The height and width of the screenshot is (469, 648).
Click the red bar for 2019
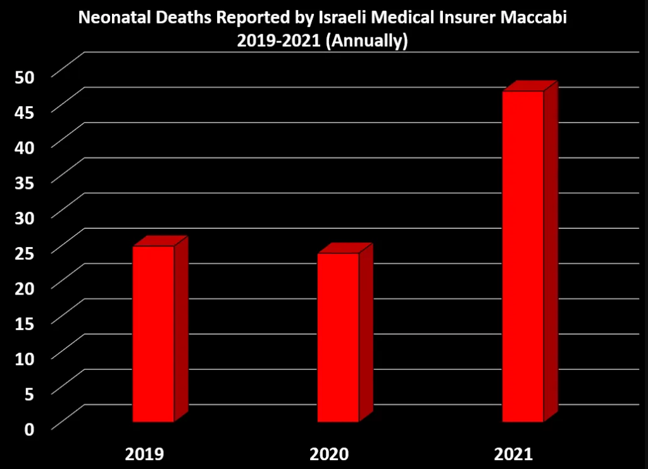point(153,333)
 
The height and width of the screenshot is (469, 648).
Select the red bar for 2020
point(338,337)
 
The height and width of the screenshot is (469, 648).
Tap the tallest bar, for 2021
point(523,256)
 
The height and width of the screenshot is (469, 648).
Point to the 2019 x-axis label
point(145,454)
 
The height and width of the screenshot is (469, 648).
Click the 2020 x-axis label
point(329,454)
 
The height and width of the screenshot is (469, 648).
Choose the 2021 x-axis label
point(514,454)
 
